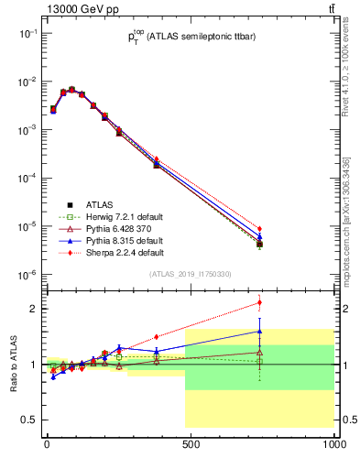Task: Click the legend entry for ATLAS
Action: click(98, 204)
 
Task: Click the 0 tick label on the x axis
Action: click(47, 446)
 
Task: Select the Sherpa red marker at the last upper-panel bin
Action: click(259, 229)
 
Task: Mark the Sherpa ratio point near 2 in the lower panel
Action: click(259, 302)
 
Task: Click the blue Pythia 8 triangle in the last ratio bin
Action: click(259, 332)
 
